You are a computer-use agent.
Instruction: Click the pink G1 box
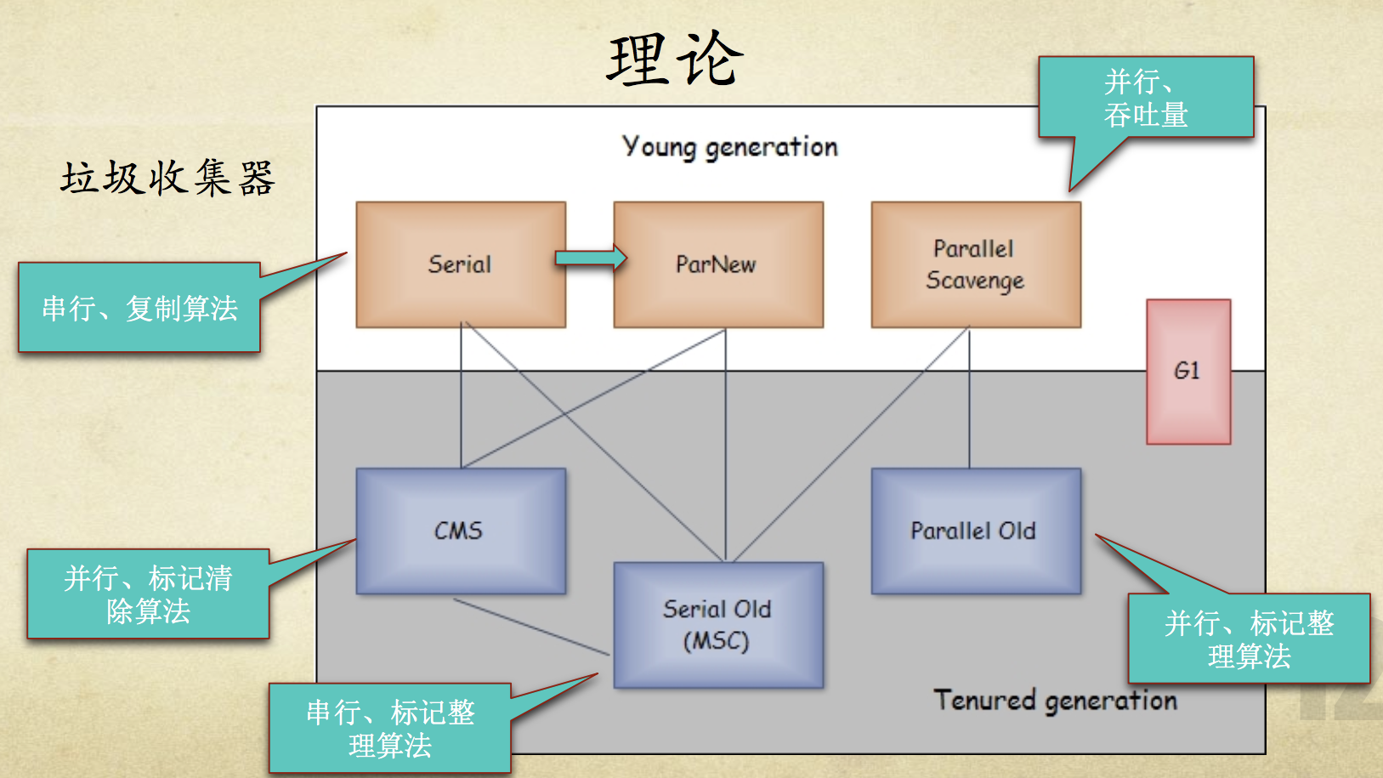[x=1187, y=371]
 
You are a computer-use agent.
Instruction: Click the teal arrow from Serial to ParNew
[x=590, y=257]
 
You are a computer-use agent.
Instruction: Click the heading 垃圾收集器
[x=167, y=179]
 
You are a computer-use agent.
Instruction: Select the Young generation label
[x=729, y=147]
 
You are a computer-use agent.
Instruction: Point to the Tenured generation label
[x=1055, y=701]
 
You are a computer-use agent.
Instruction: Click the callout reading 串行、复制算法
[x=139, y=308]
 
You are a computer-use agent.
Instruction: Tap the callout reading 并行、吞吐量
[x=1145, y=98]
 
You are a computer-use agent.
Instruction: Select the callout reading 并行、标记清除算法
[x=148, y=594]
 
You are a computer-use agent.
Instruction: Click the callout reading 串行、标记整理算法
[x=390, y=729]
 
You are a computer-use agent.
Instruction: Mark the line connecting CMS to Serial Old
[x=531, y=627]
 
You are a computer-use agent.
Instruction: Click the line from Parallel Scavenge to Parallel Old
[x=969, y=400]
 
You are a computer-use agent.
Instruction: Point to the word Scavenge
[x=975, y=281]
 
